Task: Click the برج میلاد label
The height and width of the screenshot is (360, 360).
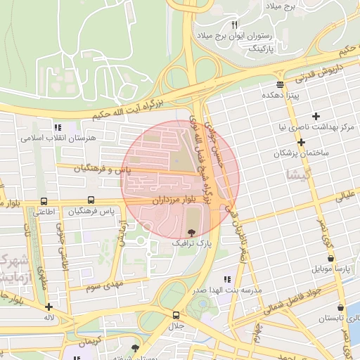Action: tap(282, 6)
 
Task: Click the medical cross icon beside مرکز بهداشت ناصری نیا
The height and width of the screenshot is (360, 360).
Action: tap(316, 116)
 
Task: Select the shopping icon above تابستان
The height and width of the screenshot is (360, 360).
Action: tap(341, 307)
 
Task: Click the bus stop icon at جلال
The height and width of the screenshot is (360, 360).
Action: tap(176, 315)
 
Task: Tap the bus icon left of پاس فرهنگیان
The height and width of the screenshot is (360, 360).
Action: tap(91, 200)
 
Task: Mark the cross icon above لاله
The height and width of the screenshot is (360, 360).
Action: tap(49, 307)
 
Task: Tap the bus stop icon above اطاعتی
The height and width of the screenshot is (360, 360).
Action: tap(44, 200)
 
